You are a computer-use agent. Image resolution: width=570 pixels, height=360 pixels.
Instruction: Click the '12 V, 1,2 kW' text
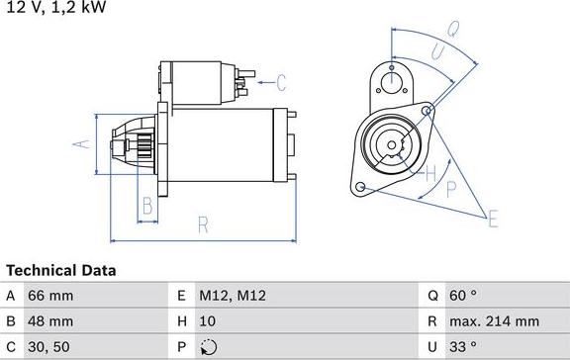(53, 8)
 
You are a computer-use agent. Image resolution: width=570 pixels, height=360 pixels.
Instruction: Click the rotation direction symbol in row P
(207, 347)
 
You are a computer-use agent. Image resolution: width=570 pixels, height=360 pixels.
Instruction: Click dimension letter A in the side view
(83, 145)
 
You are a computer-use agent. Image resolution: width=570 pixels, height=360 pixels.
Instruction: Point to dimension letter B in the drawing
(146, 207)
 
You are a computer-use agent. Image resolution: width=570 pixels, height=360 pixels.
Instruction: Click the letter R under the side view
(202, 225)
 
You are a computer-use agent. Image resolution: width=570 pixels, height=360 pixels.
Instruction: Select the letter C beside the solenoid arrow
(280, 82)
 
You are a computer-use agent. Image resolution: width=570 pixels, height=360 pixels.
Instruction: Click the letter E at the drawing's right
(492, 220)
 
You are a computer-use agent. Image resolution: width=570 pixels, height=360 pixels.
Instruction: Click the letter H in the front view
(429, 175)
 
